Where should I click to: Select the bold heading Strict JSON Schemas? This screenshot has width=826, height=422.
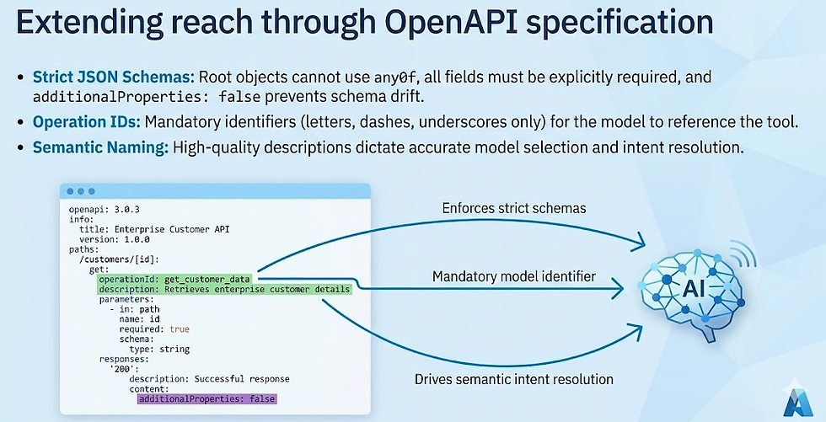99,77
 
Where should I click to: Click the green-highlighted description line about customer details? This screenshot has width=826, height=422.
224,289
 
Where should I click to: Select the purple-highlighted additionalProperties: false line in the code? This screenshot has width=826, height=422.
207,398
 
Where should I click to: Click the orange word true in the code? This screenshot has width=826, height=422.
180,329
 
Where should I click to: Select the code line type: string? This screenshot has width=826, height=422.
159,349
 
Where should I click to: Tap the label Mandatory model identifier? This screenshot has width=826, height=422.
513,276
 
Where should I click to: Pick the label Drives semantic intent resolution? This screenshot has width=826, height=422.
513,379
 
